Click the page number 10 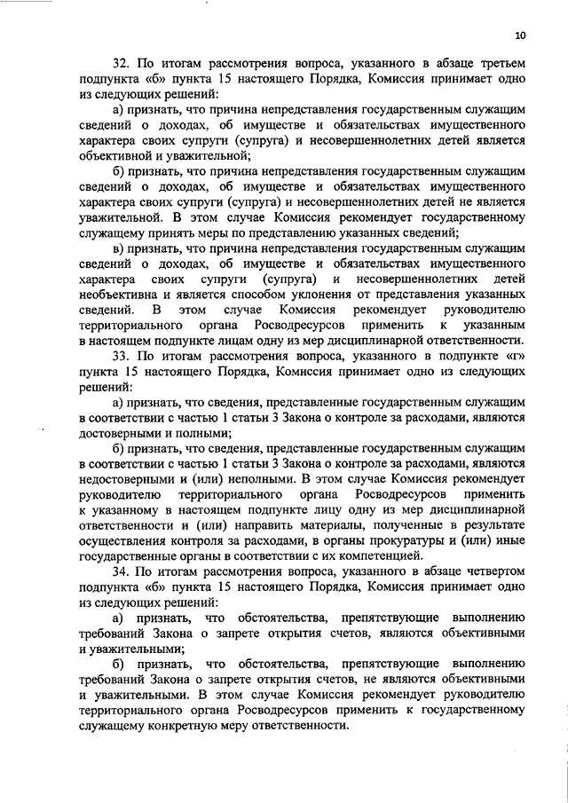pos(519,36)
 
